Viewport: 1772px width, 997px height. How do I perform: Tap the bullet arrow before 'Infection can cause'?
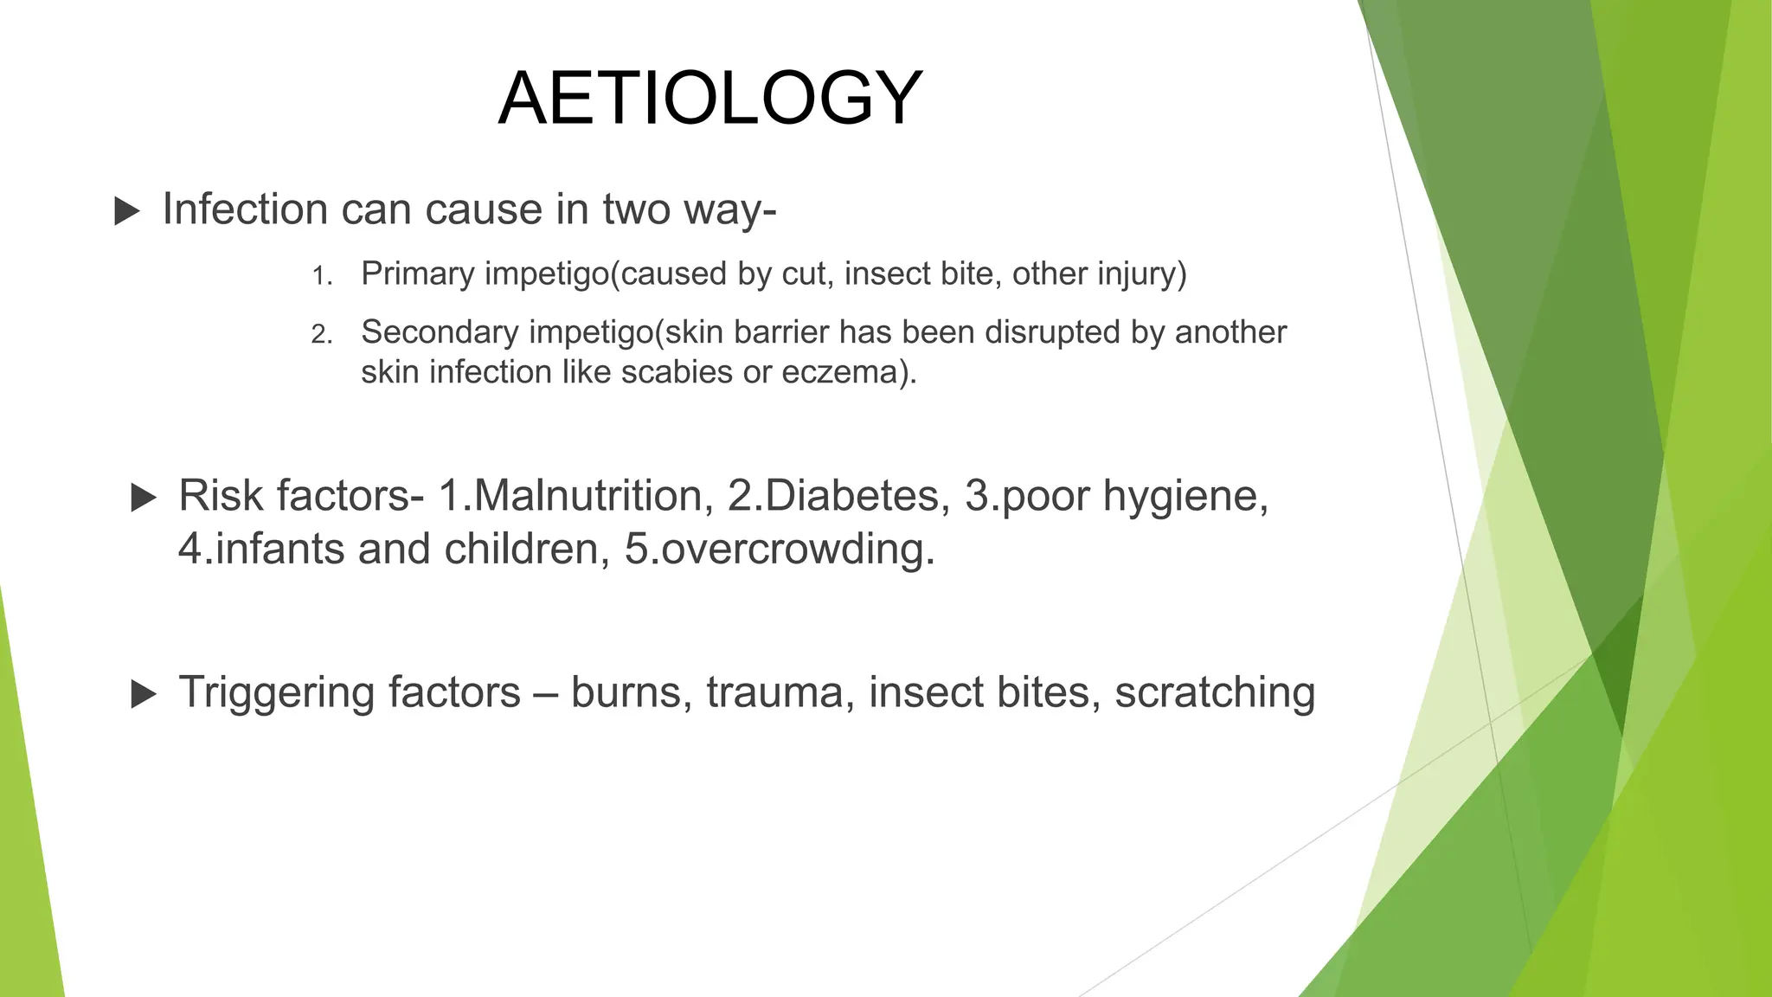click(126, 211)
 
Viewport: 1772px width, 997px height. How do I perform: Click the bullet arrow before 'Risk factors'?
click(143, 498)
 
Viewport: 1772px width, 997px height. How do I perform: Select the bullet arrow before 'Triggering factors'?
click(143, 694)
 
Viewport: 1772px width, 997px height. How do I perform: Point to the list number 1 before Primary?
click(322, 276)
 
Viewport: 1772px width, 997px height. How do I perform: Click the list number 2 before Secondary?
click(322, 334)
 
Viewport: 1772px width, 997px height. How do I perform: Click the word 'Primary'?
click(418, 274)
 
